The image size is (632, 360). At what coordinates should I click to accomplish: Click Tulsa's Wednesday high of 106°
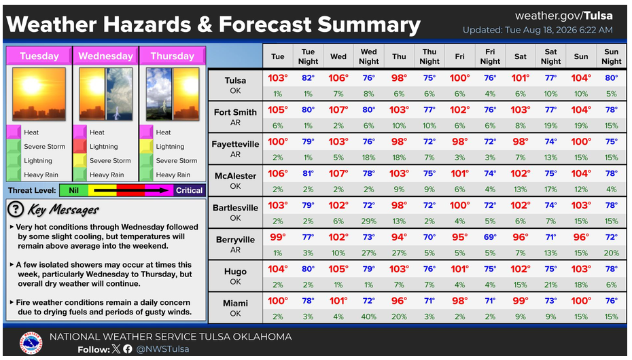tap(338, 78)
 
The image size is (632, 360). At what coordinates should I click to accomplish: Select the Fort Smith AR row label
tap(235, 117)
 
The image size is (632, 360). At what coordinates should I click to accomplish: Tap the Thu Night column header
tap(429, 56)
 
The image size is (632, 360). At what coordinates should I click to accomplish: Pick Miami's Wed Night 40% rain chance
tap(368, 317)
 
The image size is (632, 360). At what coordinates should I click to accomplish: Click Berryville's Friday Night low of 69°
tap(490, 237)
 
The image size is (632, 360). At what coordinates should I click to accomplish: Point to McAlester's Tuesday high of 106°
tap(278, 174)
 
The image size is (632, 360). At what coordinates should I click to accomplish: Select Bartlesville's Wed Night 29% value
tap(368, 221)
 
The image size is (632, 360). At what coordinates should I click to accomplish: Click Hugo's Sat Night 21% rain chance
tap(550, 285)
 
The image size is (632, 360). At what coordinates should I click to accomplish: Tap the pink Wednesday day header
tap(105, 56)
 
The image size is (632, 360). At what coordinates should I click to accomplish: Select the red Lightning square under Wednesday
tap(80, 146)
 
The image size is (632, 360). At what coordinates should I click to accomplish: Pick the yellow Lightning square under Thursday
tap(146, 146)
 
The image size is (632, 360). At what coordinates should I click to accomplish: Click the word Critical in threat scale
tap(189, 190)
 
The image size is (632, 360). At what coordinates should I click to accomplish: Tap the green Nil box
tap(74, 190)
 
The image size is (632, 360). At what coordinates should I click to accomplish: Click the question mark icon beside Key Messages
tap(16, 209)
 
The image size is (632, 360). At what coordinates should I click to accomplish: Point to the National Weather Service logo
tap(31, 344)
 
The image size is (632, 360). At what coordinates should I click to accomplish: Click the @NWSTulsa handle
tap(162, 349)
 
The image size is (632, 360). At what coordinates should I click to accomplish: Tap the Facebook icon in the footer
tap(127, 349)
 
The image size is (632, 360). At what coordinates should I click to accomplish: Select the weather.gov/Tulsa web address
tap(564, 16)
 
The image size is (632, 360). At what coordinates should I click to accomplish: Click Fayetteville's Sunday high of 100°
tap(581, 142)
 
